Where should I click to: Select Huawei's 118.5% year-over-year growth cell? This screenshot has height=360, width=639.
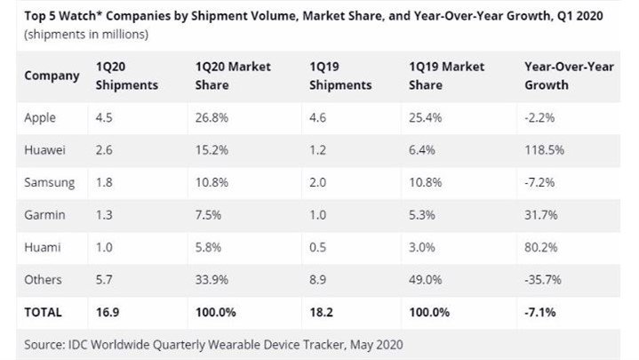544,149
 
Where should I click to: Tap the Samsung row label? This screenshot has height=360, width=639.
50,182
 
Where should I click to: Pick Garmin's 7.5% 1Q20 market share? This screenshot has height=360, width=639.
210,214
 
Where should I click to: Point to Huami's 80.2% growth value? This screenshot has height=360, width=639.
542,247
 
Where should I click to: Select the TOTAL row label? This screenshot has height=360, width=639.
44,312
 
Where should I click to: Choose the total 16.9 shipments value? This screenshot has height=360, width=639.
108,312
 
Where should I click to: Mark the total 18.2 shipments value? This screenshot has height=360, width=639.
322,312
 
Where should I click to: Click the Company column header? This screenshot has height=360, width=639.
52,76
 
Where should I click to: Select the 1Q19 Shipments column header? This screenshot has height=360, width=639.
339,76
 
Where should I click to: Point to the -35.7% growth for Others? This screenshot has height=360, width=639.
544,279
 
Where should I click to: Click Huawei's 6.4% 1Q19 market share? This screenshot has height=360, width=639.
423,149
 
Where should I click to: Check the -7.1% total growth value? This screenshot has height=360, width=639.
540,312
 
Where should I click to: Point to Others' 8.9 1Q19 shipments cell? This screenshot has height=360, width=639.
319,279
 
